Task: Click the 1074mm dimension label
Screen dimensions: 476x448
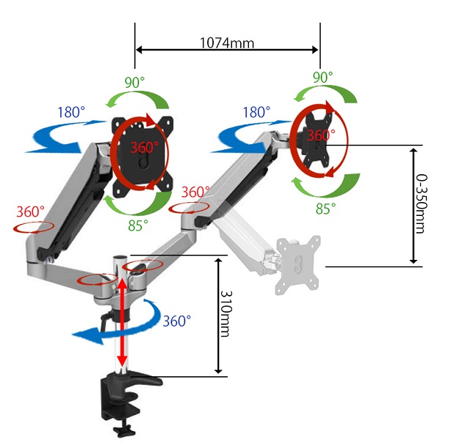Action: pos(227,42)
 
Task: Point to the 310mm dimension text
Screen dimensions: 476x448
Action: pos(226,314)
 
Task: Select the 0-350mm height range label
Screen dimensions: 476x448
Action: pos(421,204)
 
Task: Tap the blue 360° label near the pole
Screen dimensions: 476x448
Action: pos(177,321)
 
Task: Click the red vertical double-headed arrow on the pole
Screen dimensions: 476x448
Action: pos(122,322)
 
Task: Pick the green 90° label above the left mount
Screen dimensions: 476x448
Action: pos(135,82)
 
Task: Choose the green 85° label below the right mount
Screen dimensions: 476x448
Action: pos(326,209)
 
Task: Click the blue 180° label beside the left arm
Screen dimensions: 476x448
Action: pos(71,112)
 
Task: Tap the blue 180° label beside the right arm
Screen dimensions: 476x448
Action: pos(256,112)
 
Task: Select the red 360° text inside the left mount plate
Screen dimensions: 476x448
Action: pos(144,148)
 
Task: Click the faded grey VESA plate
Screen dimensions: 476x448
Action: pos(297,265)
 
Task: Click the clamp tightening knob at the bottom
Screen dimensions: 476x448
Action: pos(124,431)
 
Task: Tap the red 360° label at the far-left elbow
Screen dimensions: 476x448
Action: pos(30,212)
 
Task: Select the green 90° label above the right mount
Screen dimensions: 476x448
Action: pos(323,78)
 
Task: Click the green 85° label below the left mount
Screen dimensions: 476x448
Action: pos(138,225)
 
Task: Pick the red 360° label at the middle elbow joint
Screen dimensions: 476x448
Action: pos(196,192)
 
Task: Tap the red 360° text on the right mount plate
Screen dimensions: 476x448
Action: pos(321,135)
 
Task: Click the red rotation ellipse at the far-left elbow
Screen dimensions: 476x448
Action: pos(34,232)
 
